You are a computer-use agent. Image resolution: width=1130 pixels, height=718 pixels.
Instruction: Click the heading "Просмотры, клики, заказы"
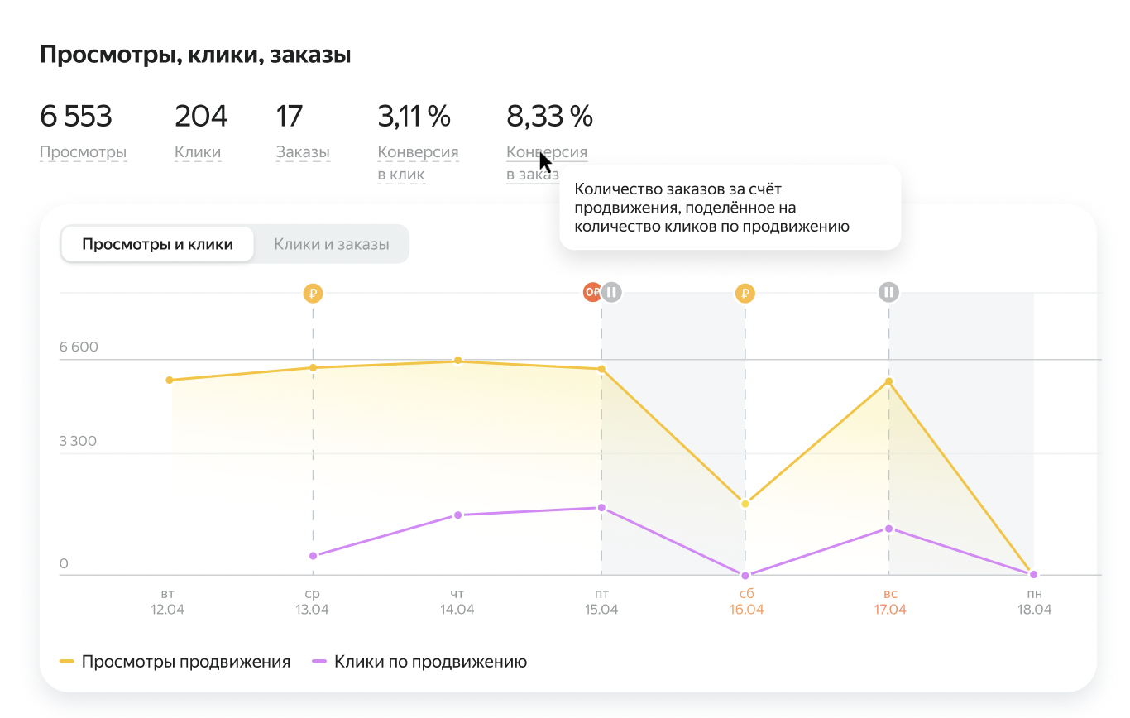pos(195,55)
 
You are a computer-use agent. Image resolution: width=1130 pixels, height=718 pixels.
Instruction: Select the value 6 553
pos(76,117)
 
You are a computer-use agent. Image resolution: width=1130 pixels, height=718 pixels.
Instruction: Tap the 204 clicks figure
pos(201,117)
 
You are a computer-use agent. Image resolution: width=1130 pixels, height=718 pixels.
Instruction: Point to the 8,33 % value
pos(549,117)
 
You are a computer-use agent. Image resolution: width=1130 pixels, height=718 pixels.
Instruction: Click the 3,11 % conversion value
pos(414,117)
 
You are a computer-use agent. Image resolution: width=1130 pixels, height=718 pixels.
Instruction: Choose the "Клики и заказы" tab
pos(331,244)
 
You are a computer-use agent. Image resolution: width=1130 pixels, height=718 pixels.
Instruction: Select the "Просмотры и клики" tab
pos(157,244)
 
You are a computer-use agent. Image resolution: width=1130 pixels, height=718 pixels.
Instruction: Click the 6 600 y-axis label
pos(79,347)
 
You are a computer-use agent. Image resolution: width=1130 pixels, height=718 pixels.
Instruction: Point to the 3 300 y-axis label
pos(79,441)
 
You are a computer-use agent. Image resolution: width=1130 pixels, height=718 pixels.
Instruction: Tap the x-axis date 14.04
pos(457,610)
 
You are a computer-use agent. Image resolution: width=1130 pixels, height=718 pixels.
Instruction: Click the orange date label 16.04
pos(745,610)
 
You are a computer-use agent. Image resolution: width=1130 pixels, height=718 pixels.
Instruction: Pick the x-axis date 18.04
pos(1033,610)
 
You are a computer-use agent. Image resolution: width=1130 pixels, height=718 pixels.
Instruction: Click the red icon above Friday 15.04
pos(592,292)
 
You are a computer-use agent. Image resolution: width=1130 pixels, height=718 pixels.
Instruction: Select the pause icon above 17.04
pos(889,292)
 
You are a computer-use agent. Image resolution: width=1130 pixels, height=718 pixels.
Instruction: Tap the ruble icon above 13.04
pos(313,292)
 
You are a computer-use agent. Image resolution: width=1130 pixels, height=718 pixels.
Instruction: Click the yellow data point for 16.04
pos(745,504)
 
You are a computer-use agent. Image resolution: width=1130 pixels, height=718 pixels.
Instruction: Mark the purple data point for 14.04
pos(457,515)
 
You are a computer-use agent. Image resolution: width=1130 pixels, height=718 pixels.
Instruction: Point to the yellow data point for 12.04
pos(170,380)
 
